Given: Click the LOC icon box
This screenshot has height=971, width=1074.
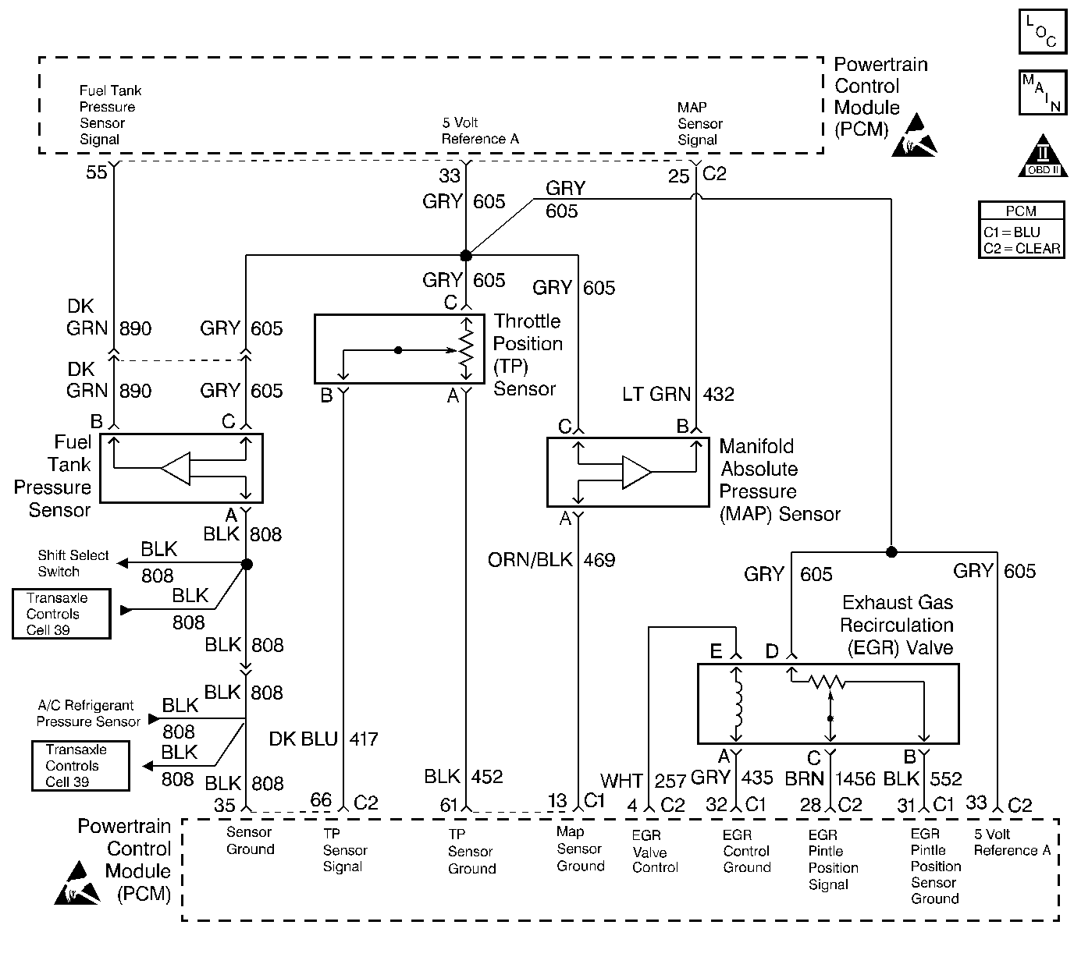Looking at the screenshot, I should (x=1042, y=31).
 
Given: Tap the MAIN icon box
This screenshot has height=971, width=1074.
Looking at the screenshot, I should (x=1042, y=92).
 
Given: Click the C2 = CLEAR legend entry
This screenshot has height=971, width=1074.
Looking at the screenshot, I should (x=1022, y=249).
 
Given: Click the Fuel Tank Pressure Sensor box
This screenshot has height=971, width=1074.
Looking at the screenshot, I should (x=181, y=468).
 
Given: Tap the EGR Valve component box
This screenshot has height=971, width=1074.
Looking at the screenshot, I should (x=827, y=703).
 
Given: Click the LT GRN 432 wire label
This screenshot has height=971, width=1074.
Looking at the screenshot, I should (x=677, y=395).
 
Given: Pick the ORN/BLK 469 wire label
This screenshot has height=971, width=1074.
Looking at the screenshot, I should (x=551, y=560).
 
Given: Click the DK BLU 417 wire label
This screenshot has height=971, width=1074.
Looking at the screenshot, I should (x=323, y=739).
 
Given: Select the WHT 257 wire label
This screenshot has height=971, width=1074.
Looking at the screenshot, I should (x=642, y=780).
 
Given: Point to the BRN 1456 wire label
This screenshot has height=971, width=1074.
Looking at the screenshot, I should (x=830, y=778).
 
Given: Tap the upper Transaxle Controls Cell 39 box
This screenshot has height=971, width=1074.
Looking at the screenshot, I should (x=61, y=615).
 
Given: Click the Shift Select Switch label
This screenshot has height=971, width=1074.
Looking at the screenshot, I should (x=73, y=563).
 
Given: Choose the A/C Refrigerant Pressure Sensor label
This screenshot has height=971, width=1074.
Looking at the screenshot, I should (x=88, y=714).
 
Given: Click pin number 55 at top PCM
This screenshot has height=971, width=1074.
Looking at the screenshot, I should (x=96, y=172).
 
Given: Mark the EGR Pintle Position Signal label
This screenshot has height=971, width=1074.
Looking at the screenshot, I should (x=833, y=859).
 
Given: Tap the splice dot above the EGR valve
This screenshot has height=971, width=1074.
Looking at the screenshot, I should (x=891, y=551).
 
